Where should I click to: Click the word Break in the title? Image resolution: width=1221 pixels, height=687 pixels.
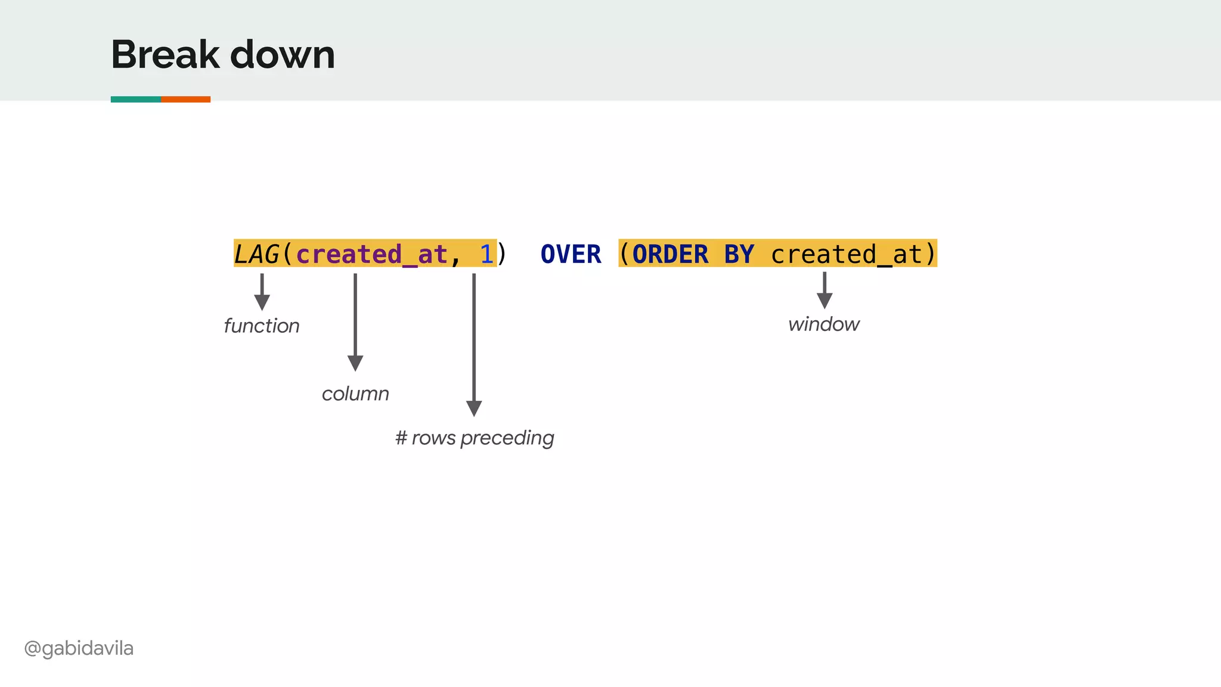[165, 55]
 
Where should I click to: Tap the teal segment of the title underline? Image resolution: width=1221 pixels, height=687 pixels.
[135, 99]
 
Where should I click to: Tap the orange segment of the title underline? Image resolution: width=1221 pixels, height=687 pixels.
[185, 99]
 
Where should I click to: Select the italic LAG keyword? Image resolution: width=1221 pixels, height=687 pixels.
[256, 255]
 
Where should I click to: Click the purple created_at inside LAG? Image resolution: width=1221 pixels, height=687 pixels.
[371, 255]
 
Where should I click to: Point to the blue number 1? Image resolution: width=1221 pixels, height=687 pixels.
[486, 255]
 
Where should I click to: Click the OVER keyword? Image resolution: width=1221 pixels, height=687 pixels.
[571, 255]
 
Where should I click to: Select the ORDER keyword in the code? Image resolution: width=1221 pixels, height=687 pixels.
[670, 255]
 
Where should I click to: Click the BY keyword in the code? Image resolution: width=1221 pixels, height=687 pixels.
[739, 255]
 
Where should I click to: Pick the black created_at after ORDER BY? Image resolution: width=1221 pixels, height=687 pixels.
[847, 255]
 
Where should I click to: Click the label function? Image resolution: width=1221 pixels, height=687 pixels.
[261, 326]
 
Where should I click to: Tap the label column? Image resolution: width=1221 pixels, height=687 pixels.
[355, 394]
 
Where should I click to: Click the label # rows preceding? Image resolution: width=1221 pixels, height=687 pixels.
[475, 438]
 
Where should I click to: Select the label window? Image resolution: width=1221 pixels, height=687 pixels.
[824, 324]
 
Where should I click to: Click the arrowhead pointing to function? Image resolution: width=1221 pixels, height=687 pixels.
[262, 302]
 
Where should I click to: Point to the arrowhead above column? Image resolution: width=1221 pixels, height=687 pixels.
[355, 363]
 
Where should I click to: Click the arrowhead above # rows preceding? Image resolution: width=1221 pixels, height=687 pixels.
[474, 408]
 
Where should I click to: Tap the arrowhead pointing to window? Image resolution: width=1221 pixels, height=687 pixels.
[825, 300]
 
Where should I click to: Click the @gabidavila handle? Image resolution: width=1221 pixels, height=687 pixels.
[79, 648]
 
